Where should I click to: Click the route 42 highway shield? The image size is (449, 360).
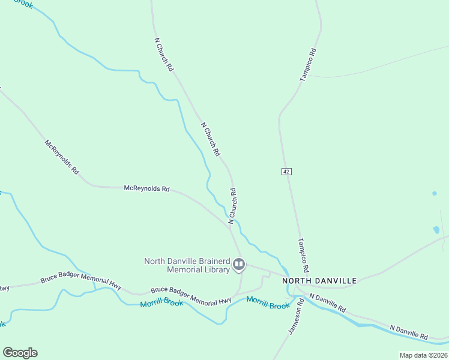click(x=286, y=172)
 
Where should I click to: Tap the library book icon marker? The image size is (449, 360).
click(x=239, y=264)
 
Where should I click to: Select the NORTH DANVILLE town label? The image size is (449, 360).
click(x=319, y=281)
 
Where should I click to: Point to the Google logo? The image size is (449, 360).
click(x=20, y=353)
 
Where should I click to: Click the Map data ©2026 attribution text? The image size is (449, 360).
click(x=423, y=355)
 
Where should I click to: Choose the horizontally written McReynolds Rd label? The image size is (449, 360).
click(x=146, y=188)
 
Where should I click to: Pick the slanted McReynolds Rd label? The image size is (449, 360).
click(x=62, y=157)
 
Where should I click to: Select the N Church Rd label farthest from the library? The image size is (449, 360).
click(x=164, y=55)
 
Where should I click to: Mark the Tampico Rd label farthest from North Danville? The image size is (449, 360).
click(x=308, y=65)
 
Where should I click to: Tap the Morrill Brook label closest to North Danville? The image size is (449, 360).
click(x=268, y=304)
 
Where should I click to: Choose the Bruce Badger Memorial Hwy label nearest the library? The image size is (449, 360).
click(x=191, y=296)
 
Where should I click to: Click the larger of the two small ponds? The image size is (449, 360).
click(x=436, y=230)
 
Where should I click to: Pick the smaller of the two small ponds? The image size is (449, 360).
click(x=434, y=194)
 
